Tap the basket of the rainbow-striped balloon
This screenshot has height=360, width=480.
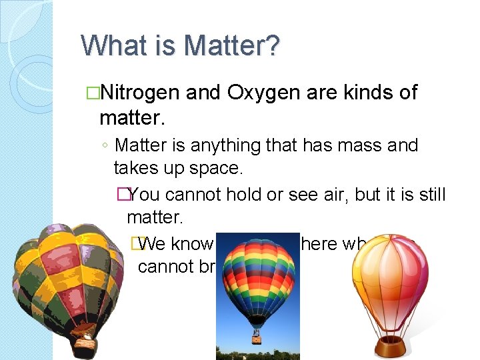[x=256, y=337]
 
